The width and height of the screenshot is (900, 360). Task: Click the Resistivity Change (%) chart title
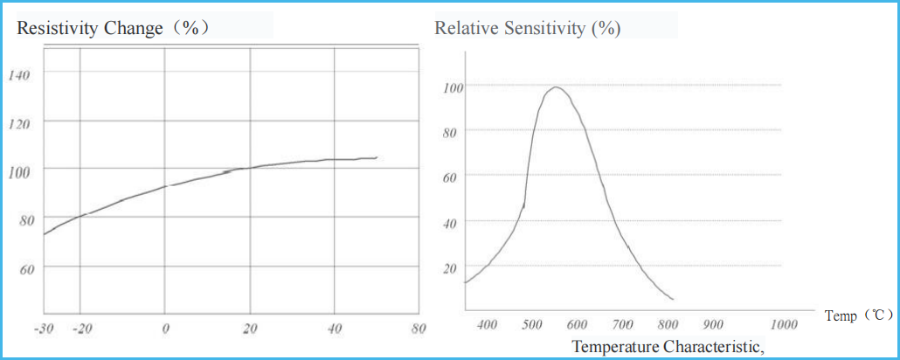click(114, 28)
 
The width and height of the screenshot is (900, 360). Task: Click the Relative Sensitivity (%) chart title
click(528, 28)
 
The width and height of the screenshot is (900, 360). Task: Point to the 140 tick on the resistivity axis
click(19, 75)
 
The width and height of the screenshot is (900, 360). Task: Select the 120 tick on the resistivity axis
click(19, 123)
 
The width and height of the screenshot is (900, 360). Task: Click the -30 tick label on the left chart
click(44, 329)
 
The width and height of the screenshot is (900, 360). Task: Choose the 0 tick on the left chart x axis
click(165, 329)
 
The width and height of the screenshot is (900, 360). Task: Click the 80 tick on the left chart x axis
click(419, 329)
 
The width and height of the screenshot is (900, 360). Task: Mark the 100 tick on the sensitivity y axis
click(452, 87)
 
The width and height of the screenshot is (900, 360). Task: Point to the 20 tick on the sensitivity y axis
click(451, 267)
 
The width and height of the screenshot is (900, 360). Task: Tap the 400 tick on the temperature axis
click(488, 325)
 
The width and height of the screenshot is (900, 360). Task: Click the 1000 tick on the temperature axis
click(785, 325)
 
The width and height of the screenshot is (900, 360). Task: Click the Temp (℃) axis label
click(859, 315)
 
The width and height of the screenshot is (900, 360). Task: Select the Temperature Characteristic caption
click(668, 347)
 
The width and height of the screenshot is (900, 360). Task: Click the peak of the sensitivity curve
click(556, 87)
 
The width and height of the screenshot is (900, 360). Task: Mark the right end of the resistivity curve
click(377, 157)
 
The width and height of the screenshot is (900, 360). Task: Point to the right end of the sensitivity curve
click(673, 300)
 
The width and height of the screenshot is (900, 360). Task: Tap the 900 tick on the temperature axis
click(713, 325)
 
